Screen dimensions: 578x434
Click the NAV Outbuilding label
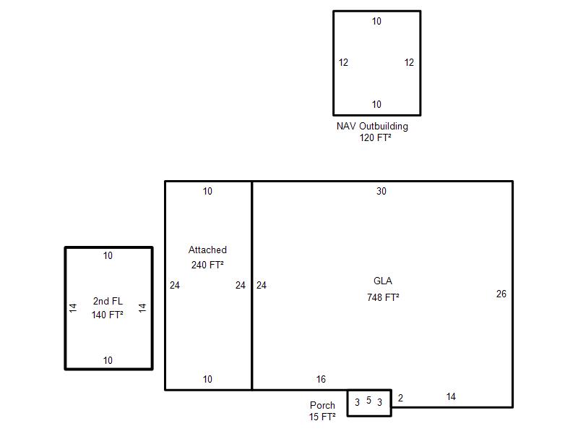click(x=372, y=127)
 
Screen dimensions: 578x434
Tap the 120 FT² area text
click(x=375, y=137)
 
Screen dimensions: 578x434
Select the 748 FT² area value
click(x=383, y=297)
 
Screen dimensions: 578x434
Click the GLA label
click(x=383, y=281)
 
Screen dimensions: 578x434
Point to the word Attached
click(x=207, y=250)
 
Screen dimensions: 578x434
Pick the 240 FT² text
click(x=207, y=265)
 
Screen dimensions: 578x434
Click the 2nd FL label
click(x=108, y=301)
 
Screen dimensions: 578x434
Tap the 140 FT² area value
click(x=107, y=315)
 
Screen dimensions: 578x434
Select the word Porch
click(x=322, y=405)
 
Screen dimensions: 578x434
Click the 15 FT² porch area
click(x=322, y=417)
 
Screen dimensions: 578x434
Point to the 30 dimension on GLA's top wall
click(x=381, y=191)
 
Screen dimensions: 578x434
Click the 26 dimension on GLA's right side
click(x=501, y=294)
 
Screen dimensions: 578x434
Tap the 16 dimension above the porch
click(x=321, y=379)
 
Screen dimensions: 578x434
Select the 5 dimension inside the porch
click(x=368, y=400)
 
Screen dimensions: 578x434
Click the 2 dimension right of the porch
click(x=401, y=399)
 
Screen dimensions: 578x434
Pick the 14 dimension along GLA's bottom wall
click(x=451, y=396)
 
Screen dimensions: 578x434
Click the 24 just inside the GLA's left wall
click(x=262, y=285)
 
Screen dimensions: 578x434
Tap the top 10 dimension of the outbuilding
click(x=376, y=22)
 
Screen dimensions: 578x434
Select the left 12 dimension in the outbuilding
click(x=343, y=62)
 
